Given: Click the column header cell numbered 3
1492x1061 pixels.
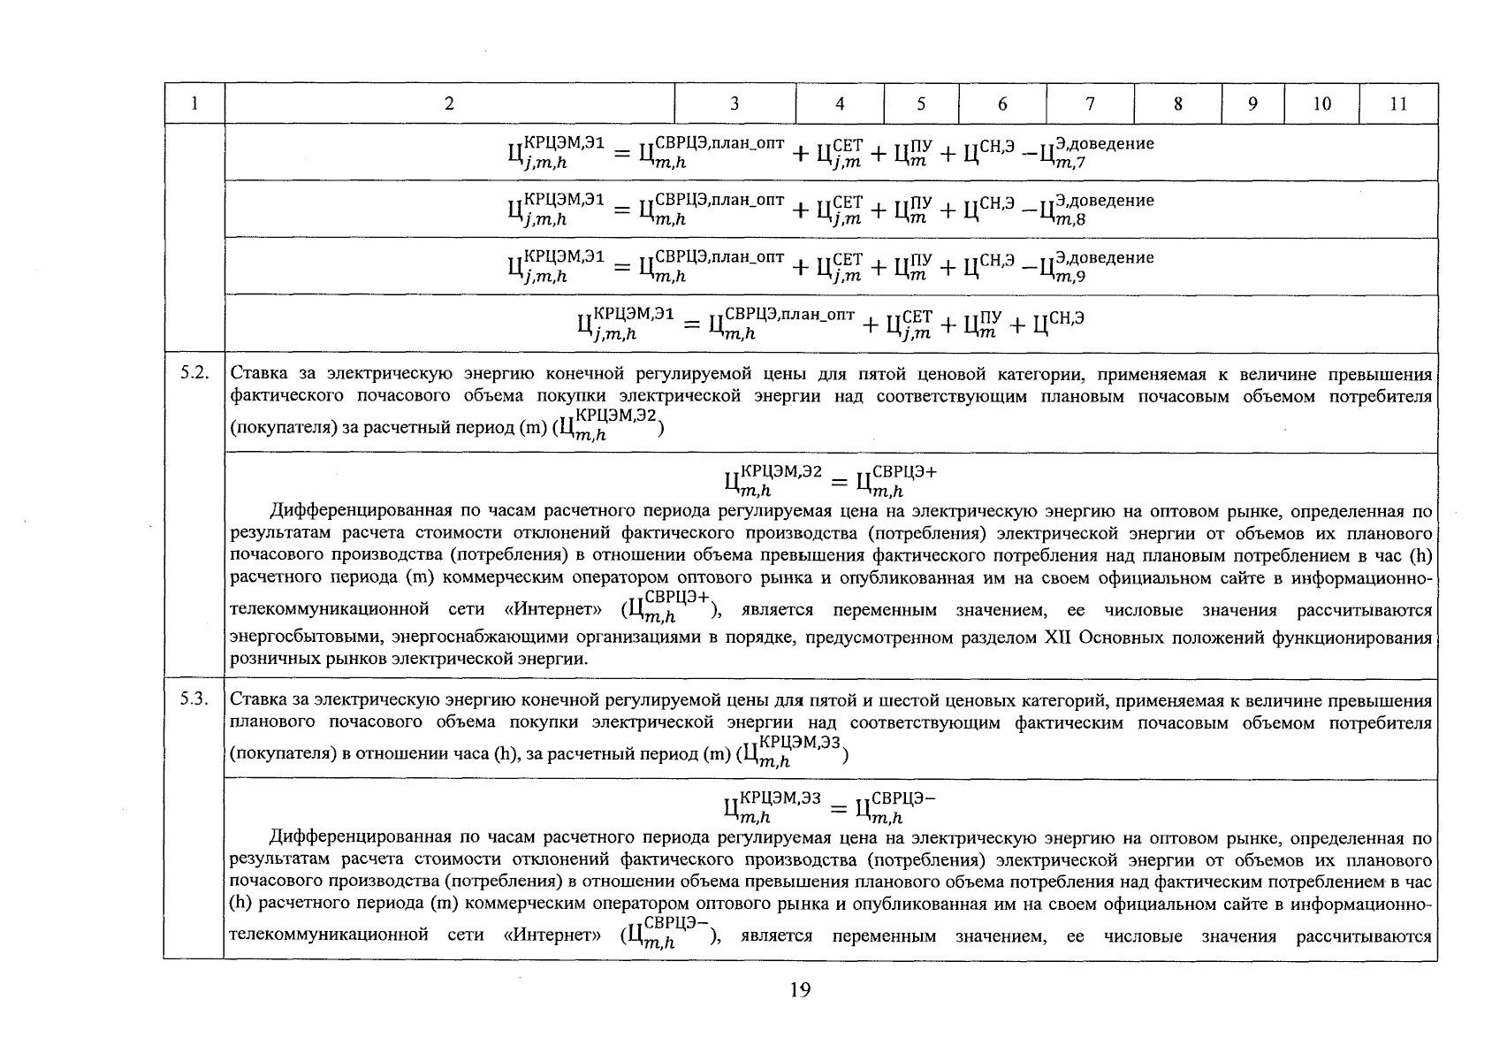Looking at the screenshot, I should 735,104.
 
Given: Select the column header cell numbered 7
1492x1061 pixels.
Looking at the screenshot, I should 1090,104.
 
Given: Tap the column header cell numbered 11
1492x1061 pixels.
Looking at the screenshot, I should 1398,104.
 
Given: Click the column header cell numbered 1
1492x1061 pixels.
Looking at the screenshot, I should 194,104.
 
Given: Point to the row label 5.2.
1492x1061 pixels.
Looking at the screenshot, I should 194,373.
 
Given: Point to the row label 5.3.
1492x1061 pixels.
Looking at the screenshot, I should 194,699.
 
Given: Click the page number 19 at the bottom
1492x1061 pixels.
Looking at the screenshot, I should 799,990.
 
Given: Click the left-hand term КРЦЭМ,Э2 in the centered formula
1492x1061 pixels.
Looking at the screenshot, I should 772,482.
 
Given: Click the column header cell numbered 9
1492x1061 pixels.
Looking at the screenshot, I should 1252,104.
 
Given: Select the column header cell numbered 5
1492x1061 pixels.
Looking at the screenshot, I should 920,104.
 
